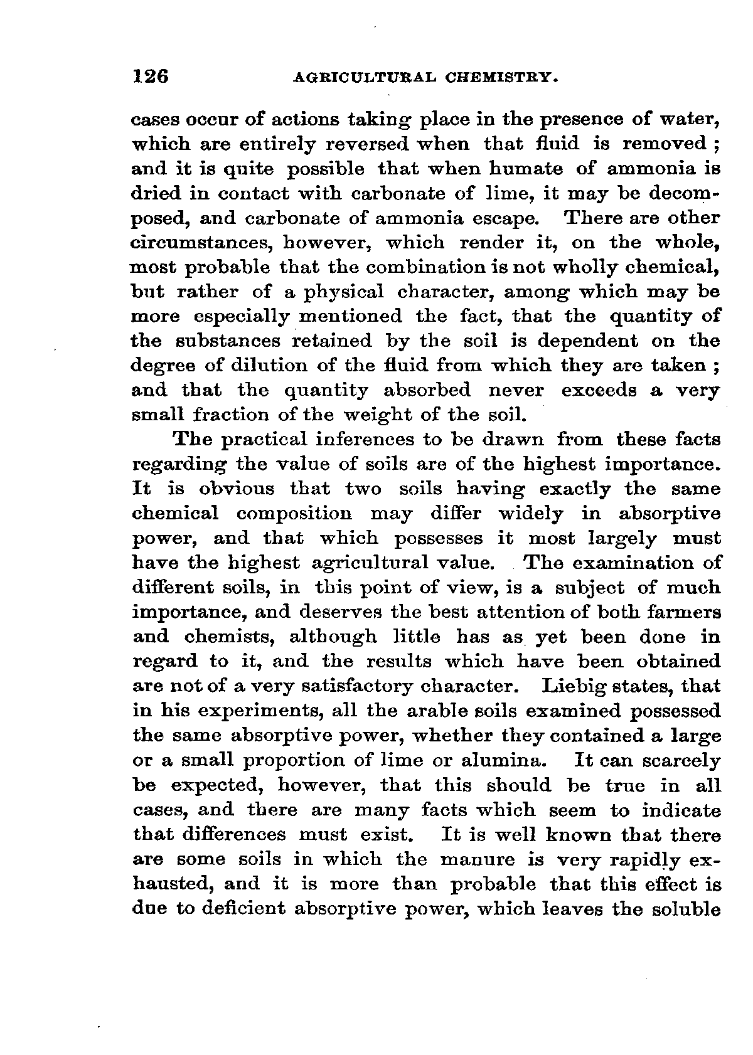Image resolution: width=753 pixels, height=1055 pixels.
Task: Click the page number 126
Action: [151, 77]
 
